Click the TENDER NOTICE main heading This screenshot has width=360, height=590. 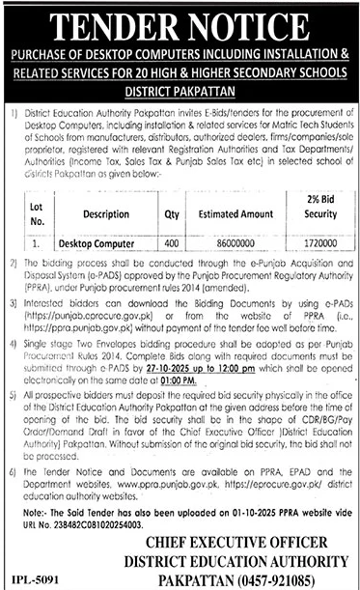[x=180, y=20]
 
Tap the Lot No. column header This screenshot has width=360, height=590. [x=38, y=213]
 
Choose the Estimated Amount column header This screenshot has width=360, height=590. [x=236, y=214]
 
